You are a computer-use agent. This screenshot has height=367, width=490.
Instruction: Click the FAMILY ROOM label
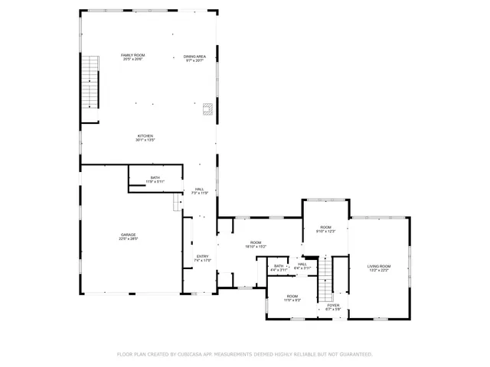tap(133, 55)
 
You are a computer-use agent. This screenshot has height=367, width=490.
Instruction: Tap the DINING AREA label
tap(194, 56)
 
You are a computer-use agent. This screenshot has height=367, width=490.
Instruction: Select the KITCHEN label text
tap(145, 135)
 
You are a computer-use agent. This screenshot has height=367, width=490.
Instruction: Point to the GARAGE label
tap(128, 235)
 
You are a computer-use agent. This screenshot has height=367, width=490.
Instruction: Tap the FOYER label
tap(333, 305)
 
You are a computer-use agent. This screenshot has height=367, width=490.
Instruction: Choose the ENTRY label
tap(202, 256)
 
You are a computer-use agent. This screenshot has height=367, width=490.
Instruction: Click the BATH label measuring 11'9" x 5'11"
tap(155, 177)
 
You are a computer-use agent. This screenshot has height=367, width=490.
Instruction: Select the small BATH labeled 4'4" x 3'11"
tap(279, 265)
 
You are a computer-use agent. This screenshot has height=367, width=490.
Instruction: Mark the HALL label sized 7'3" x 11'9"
tap(199, 189)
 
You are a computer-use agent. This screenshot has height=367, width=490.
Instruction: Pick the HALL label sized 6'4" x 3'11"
tap(302, 264)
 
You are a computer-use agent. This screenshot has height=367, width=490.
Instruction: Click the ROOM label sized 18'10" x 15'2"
tap(255, 242)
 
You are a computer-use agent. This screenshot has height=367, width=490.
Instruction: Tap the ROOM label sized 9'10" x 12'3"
tap(326, 227)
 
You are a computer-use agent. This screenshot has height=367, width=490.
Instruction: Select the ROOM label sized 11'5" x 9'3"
tap(292, 296)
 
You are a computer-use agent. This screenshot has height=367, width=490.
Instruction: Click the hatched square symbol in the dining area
tap(207, 109)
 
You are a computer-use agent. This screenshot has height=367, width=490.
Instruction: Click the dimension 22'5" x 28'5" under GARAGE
tap(128, 239)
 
